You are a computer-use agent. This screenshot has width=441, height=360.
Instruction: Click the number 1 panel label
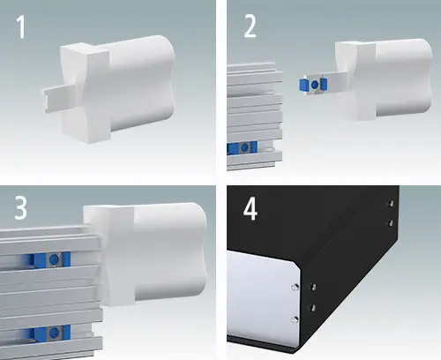[x=21, y=27]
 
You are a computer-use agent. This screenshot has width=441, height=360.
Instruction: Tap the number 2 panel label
[x=250, y=26]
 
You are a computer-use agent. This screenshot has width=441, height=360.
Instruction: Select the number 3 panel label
[x=21, y=208]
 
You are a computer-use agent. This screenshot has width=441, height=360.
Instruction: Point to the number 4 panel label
[x=250, y=210]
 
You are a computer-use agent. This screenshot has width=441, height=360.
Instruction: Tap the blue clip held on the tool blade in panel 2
[x=314, y=85]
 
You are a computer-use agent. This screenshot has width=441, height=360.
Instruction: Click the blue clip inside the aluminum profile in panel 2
[x=243, y=147]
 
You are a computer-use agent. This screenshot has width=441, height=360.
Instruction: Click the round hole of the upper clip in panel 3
[x=54, y=259]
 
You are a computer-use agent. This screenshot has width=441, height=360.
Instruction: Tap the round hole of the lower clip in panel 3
[x=54, y=333]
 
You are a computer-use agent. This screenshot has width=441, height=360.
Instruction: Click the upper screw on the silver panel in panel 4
[x=295, y=287]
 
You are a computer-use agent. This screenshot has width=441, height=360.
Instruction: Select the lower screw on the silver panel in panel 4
[x=295, y=319]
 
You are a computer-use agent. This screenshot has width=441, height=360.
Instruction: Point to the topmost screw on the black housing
[x=391, y=203]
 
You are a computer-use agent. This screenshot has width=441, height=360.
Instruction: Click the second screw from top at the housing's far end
[x=391, y=223]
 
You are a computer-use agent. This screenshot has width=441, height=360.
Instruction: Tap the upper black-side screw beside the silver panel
[x=313, y=286]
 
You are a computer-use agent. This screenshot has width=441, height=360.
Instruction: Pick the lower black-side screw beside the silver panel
[x=312, y=308]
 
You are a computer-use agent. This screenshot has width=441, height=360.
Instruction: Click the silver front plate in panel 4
[x=262, y=297]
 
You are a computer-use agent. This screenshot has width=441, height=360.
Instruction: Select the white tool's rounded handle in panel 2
[x=403, y=77]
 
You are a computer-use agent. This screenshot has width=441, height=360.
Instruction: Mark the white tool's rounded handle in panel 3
[x=170, y=251]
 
